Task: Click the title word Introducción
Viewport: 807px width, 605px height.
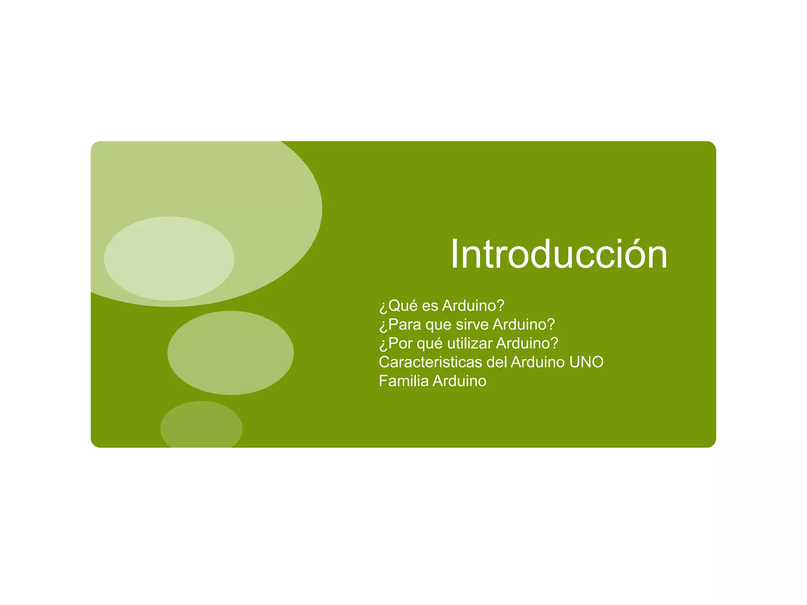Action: point(559,254)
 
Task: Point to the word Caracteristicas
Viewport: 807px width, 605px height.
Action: point(431,362)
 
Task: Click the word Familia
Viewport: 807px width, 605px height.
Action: point(403,381)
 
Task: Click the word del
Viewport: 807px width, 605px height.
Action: point(497,362)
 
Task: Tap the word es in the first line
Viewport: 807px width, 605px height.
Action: point(430,306)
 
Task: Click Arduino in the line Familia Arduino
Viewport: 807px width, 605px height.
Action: point(459,381)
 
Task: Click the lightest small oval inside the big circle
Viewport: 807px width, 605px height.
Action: point(169,258)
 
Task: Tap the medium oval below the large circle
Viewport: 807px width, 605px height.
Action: point(231,353)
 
